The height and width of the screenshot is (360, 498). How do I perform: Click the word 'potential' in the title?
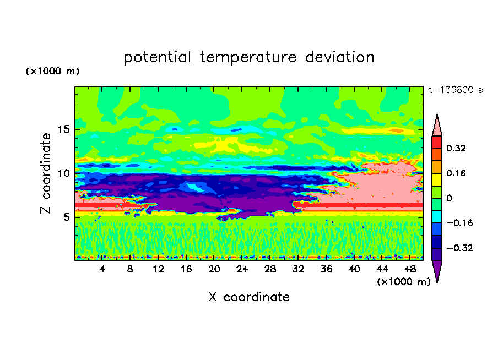(x=158, y=57)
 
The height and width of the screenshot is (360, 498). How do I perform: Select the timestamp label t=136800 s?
(x=456, y=90)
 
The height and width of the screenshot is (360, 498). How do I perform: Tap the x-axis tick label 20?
(x=214, y=269)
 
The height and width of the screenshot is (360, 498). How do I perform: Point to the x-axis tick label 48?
(x=410, y=269)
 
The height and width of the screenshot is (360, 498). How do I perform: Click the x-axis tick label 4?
(x=102, y=269)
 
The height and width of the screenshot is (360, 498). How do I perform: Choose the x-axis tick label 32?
(x=298, y=269)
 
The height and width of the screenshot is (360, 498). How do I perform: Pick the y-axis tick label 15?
(x=64, y=129)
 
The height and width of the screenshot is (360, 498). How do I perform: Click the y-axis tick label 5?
(x=66, y=217)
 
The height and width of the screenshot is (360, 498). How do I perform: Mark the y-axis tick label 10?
(x=64, y=173)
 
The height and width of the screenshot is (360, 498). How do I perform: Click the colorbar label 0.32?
(x=456, y=148)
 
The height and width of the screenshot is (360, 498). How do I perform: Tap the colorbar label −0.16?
(x=459, y=223)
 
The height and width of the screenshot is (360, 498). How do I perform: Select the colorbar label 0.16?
(x=456, y=173)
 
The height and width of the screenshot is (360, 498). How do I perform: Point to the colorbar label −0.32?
(x=459, y=248)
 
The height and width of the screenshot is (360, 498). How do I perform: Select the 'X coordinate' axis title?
(x=249, y=297)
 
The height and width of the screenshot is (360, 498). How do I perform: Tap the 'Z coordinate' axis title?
(x=46, y=173)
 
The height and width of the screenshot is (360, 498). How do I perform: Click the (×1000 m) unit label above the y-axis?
(x=52, y=71)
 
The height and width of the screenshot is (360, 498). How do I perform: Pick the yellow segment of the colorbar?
(x=437, y=179)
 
